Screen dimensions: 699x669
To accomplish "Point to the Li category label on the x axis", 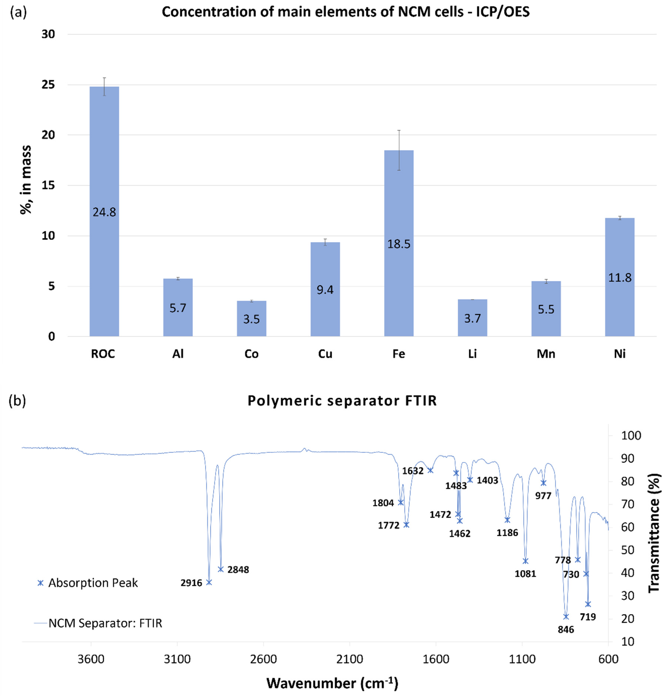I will pos(472,354).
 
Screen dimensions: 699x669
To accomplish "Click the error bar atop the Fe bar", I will pos(399,150).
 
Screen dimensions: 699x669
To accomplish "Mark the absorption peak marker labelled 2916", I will pos(209,582).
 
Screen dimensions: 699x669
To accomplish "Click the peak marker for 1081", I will pos(525,561).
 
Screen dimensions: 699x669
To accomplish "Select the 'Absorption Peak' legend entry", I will pos(87,583).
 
